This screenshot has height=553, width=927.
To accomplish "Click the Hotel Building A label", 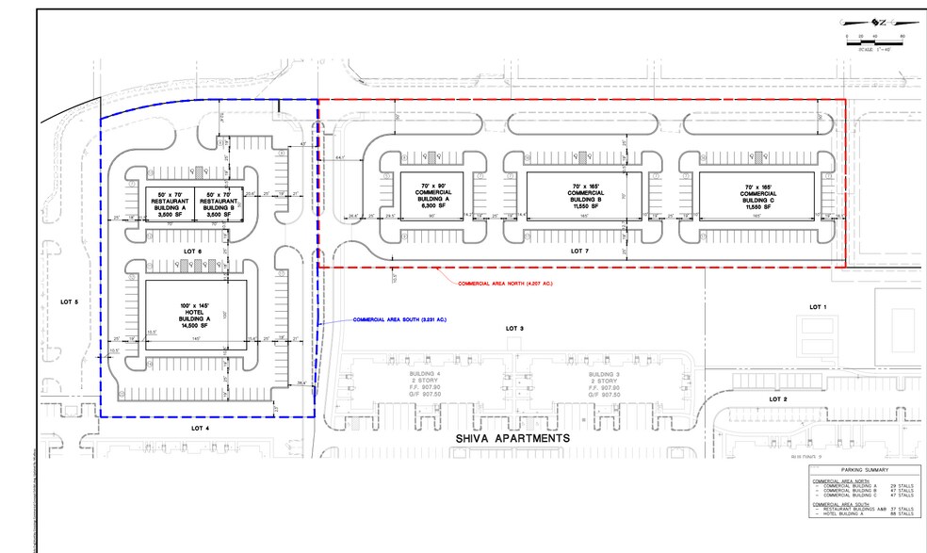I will (x=197, y=315).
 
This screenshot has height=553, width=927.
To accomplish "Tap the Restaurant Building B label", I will (x=218, y=204).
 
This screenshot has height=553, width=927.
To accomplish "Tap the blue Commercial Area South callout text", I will (x=399, y=320).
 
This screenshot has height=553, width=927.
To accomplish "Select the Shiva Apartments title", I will (x=513, y=439).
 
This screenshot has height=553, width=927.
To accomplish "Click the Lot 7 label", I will (x=580, y=252).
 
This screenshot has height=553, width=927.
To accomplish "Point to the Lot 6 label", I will (x=196, y=250).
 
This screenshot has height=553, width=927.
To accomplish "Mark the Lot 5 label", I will (x=70, y=302).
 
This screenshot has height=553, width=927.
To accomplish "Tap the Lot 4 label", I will (x=200, y=428).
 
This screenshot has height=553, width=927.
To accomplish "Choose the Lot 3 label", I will (x=513, y=328).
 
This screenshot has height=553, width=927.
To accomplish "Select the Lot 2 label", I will (x=777, y=398).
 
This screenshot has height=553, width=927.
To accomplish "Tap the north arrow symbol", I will (x=875, y=21).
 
